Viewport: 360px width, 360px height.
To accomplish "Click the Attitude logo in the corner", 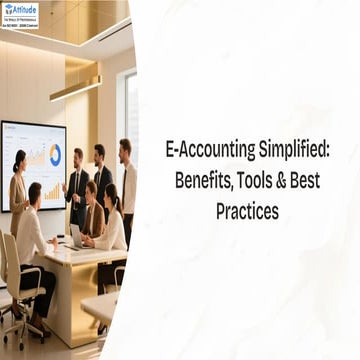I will click(20, 14).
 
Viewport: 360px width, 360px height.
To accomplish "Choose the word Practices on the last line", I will click(246, 212).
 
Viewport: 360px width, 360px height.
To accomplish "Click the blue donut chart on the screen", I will click(54, 154).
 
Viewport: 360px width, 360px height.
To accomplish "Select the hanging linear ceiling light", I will click(75, 88).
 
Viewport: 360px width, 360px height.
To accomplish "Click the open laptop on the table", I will click(77, 235).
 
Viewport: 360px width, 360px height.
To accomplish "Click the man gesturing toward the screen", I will click(78, 185).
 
